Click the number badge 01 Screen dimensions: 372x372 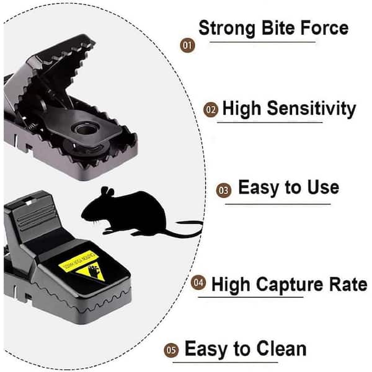[187, 45]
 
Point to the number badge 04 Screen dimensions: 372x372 [198, 284]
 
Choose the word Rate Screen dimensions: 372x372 [348, 285]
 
